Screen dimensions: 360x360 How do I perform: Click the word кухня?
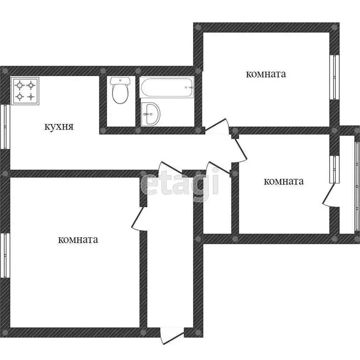59,126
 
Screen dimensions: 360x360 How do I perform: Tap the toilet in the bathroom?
120,91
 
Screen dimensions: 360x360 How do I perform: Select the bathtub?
166,88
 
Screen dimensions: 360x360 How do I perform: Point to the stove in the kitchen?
25,91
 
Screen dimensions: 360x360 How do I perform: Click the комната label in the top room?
266,74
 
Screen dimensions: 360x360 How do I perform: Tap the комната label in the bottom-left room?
78,240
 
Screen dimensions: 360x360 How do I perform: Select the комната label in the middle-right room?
284,181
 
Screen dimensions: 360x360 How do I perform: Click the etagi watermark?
180,183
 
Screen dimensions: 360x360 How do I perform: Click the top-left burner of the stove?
20,85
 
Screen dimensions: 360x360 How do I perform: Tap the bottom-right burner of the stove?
31,97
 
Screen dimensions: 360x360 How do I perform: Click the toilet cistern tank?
120,81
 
